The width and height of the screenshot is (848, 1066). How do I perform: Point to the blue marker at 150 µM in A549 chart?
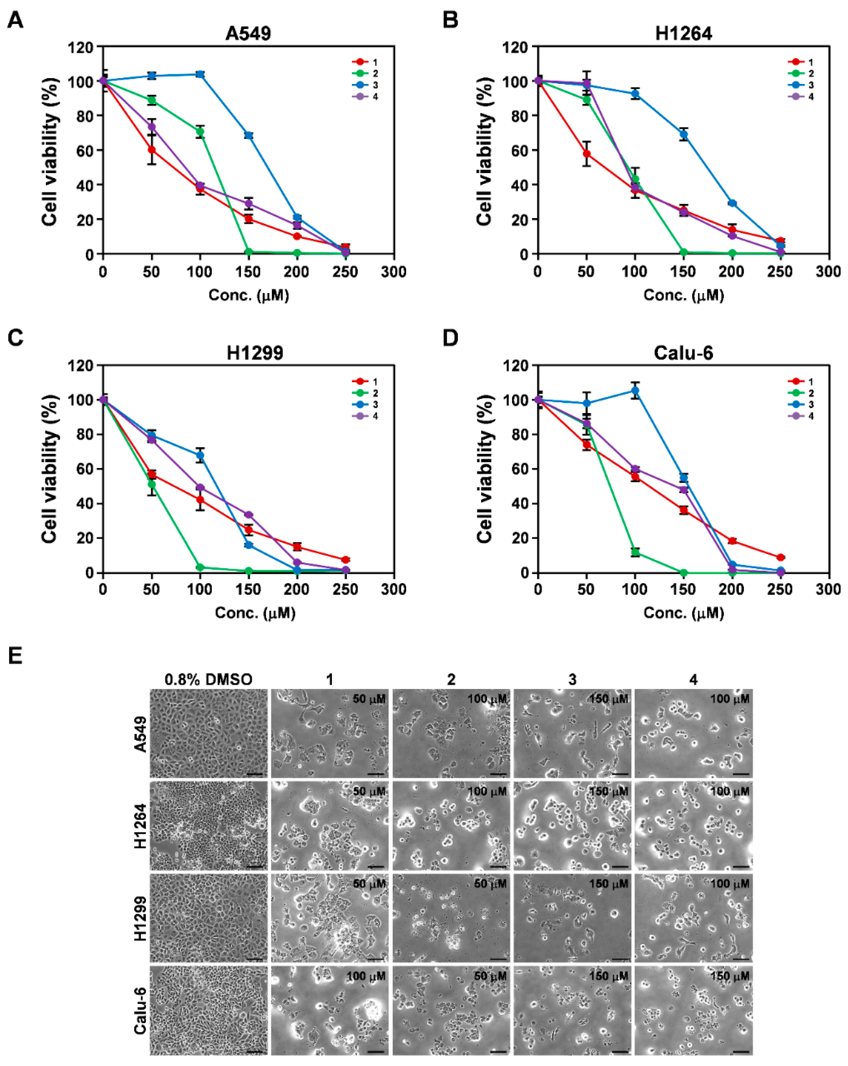click(x=249, y=135)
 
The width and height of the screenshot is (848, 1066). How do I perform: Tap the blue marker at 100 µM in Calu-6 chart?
click(x=635, y=391)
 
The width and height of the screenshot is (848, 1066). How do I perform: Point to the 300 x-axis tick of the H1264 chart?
click(x=828, y=271)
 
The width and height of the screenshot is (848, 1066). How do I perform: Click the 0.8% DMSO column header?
click(x=208, y=679)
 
